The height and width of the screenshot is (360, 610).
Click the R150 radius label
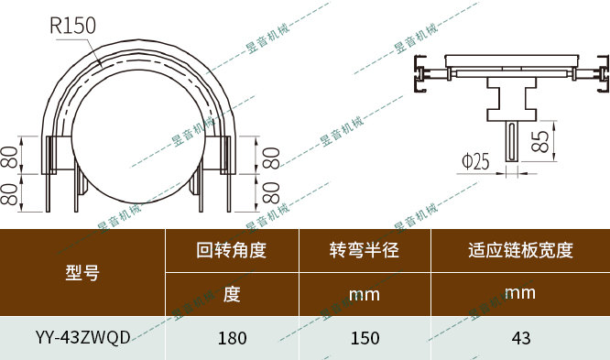tap(73, 26)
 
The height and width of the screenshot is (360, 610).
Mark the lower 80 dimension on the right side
tap(272, 193)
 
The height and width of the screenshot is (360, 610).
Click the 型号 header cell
tap(82, 272)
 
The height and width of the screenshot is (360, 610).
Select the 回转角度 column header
tap(232, 249)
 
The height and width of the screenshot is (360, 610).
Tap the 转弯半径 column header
tap(365, 249)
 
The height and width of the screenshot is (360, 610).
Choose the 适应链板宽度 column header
tap(520, 249)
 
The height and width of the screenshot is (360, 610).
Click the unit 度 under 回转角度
tap(232, 294)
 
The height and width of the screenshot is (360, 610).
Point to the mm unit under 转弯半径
tap(365, 295)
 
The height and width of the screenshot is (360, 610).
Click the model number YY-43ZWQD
tap(82, 337)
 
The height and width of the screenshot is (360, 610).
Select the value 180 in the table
tap(232, 338)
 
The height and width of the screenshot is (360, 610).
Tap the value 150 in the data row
tap(365, 338)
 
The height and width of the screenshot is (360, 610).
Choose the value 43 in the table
tap(520, 338)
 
